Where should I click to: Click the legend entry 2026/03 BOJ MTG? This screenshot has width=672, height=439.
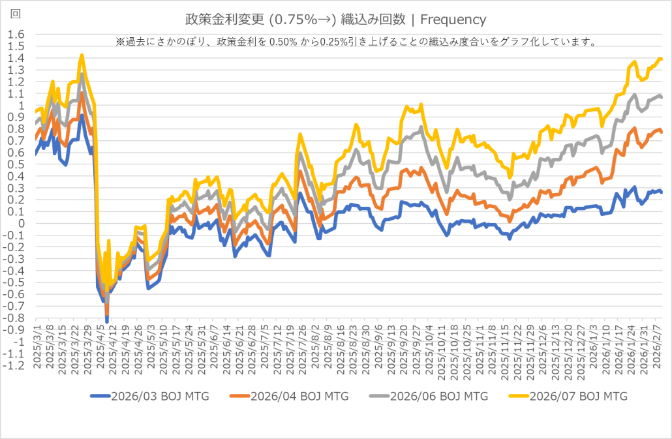pyautogui.click(x=149, y=396)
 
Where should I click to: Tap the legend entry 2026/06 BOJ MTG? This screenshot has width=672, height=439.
pyautogui.click(x=428, y=396)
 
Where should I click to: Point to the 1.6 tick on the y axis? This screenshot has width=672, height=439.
pyautogui.click(x=16, y=35)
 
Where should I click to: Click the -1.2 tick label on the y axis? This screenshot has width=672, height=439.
pyautogui.click(x=14, y=365)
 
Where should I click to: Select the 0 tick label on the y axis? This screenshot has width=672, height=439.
pyautogui.click(x=20, y=224)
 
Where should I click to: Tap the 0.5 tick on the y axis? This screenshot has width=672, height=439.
pyautogui.click(x=16, y=164)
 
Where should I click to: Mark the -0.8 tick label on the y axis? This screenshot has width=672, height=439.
pyautogui.click(x=14, y=318)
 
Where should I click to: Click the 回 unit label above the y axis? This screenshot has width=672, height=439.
pyautogui.click(x=16, y=14)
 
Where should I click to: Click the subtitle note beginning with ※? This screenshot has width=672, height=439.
pyautogui.click(x=356, y=42)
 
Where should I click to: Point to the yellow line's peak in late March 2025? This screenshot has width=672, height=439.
pyautogui.click(x=82, y=55)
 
